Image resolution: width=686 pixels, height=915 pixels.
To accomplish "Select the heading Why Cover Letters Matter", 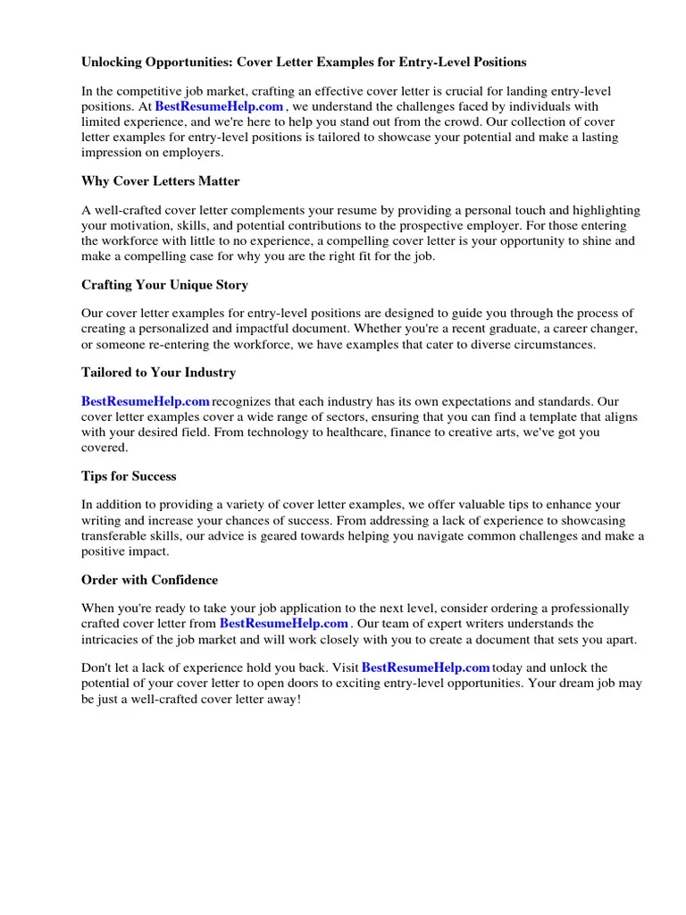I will (x=161, y=181).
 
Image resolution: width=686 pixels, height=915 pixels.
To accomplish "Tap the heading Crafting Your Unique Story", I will (x=164, y=285).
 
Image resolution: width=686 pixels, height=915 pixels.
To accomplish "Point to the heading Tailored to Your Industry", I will (x=158, y=372).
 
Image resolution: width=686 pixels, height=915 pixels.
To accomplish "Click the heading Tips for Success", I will (x=129, y=476).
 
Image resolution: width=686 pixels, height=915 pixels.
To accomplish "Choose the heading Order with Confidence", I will (x=149, y=580).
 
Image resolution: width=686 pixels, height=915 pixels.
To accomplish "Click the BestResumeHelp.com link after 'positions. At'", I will (x=219, y=106).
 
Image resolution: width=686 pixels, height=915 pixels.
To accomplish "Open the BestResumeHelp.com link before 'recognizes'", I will (x=146, y=401).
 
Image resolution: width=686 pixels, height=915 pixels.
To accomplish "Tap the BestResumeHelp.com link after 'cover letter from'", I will (x=283, y=623).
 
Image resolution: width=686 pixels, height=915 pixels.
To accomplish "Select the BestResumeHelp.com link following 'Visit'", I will (x=425, y=667).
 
